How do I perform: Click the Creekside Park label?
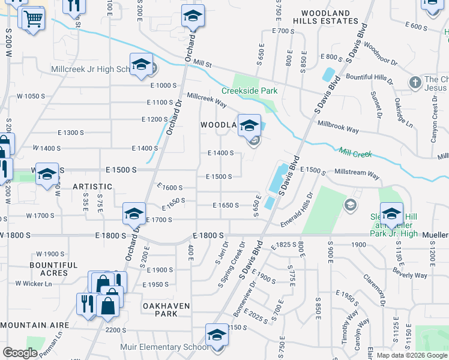point(249,91)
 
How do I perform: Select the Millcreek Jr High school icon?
point(140,65)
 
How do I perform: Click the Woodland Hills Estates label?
point(325,16)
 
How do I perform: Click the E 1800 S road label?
point(208,236)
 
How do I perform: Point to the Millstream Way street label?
point(357,176)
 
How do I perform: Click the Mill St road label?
point(203,64)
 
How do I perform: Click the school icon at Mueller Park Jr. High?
point(391,214)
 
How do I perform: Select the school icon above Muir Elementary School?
point(217,335)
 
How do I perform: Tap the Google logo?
point(20,353)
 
